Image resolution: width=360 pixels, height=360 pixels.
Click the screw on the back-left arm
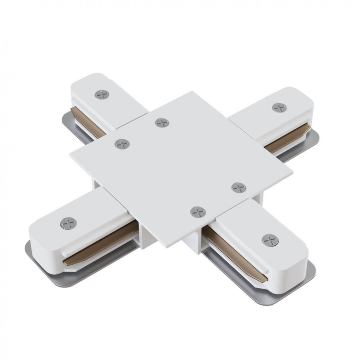[x=102, y=94]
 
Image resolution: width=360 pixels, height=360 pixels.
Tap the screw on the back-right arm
[x=279, y=108]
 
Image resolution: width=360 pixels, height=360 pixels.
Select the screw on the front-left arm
[x=68, y=223]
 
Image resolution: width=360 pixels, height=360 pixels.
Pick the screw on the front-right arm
[x=270, y=240]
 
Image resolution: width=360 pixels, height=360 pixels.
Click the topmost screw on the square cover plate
[x=162, y=122]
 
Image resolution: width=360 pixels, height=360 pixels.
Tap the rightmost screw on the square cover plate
[x=239, y=187]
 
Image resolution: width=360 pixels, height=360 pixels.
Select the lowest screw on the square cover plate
[x=198, y=212]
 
